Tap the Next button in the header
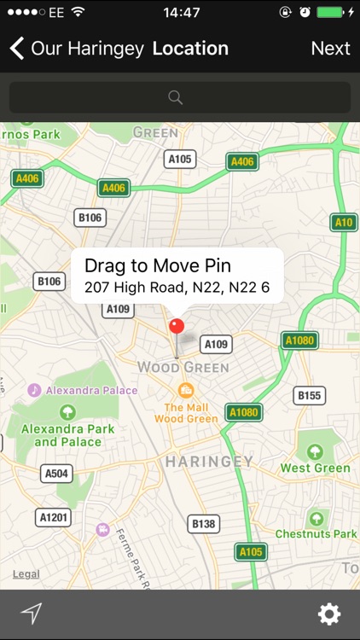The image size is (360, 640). tap(330, 48)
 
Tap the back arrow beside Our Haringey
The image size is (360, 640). tap(17, 48)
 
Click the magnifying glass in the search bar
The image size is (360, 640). tap(176, 97)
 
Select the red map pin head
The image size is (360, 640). tap(177, 325)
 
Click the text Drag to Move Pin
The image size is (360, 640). tap(158, 265)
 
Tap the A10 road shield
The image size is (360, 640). tap(344, 223)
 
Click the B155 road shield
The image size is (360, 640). tap(309, 395)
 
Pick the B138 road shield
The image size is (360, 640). tap(205, 524)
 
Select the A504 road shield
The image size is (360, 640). tap(57, 474)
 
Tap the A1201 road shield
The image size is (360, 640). tap(54, 517)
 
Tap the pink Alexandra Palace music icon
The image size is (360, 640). tap(34, 390)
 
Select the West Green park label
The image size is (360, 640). tap(315, 468)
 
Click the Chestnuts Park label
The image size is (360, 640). tap(316, 534)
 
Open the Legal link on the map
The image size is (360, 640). tap(26, 574)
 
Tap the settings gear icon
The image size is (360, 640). tap(329, 614)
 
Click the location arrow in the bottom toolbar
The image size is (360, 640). tap(31, 614)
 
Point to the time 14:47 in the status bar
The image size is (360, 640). tap(180, 13)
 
